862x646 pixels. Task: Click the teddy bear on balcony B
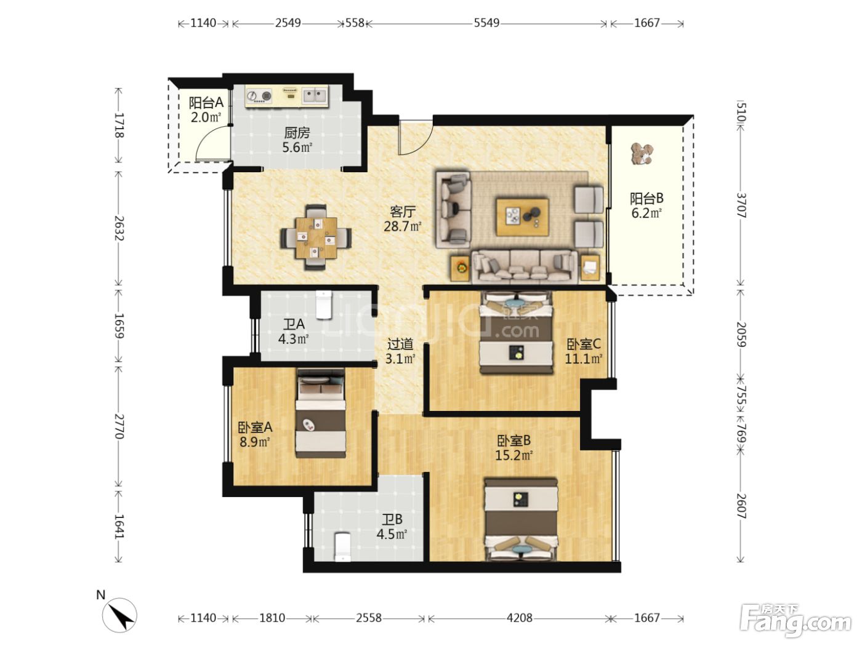[x=642, y=154]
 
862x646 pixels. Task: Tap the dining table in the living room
[x=316, y=237]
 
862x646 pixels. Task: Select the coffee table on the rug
[x=522, y=217]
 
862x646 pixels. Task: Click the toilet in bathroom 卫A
[x=324, y=305]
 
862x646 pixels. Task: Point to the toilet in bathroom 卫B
[x=342, y=547]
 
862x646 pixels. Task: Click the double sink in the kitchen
[x=315, y=96]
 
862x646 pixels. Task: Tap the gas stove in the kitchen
[x=259, y=97]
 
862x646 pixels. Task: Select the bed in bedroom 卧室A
[x=320, y=413]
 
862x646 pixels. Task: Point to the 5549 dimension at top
[x=486, y=23]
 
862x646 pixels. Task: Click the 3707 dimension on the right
[x=741, y=205]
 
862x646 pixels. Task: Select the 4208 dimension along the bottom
[x=519, y=618]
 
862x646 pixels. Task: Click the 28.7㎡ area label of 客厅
[x=403, y=226]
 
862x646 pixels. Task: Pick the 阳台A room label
[x=206, y=103]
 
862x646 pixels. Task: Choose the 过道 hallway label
[x=400, y=345]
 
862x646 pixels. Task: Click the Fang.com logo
[x=795, y=620]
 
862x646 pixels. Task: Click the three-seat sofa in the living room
[x=524, y=266]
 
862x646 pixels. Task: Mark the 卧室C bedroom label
[x=583, y=344]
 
